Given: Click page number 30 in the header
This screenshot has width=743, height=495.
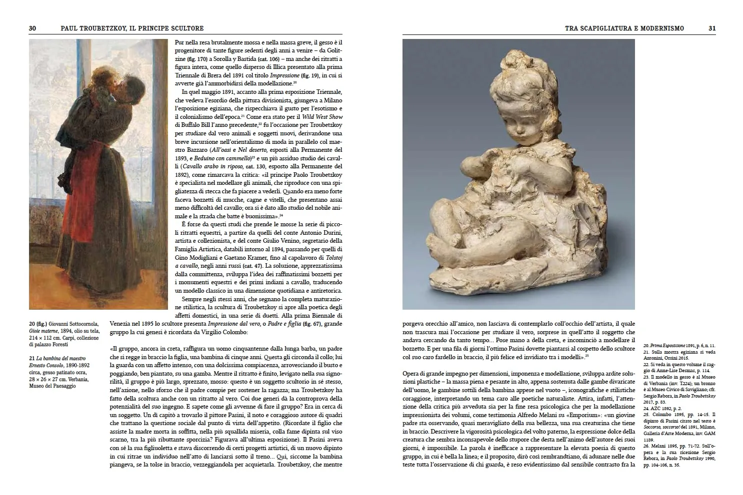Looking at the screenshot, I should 32,28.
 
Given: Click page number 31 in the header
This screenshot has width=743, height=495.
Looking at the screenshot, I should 711,28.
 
